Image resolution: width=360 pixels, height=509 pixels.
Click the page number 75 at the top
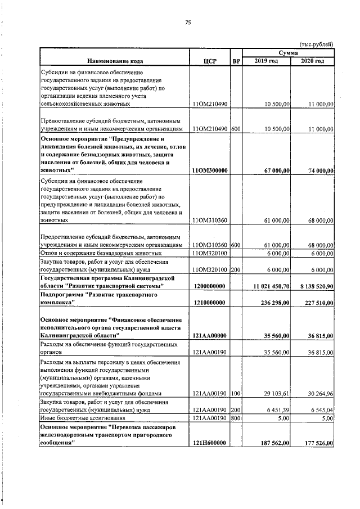[x=188, y=22]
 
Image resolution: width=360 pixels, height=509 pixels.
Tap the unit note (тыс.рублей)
[x=317, y=44]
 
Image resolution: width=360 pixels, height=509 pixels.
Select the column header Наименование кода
[x=115, y=61]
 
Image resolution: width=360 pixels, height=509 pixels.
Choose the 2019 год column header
[x=266, y=61]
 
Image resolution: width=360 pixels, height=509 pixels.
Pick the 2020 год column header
[x=312, y=61]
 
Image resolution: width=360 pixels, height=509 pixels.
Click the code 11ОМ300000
[x=210, y=170]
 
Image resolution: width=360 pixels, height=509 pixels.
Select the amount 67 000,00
[x=274, y=170]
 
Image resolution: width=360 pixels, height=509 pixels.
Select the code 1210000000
[x=209, y=303]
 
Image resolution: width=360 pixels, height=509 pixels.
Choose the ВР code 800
[x=236, y=418]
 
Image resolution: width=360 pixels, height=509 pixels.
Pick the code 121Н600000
[x=209, y=443]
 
